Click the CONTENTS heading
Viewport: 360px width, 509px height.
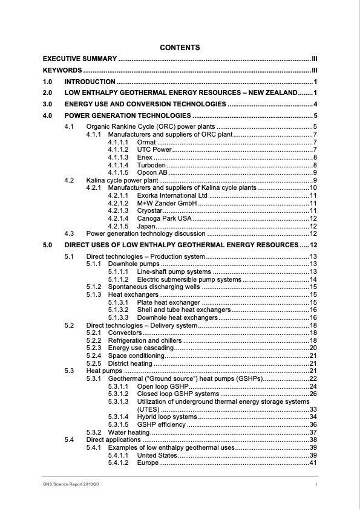(180, 47)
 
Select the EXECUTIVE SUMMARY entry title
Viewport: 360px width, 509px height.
(79, 59)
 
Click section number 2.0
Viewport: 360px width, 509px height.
(48, 92)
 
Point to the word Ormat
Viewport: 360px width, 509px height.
(147, 142)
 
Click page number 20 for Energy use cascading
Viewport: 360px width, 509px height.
(313, 348)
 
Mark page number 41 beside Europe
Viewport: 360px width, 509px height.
(313, 462)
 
